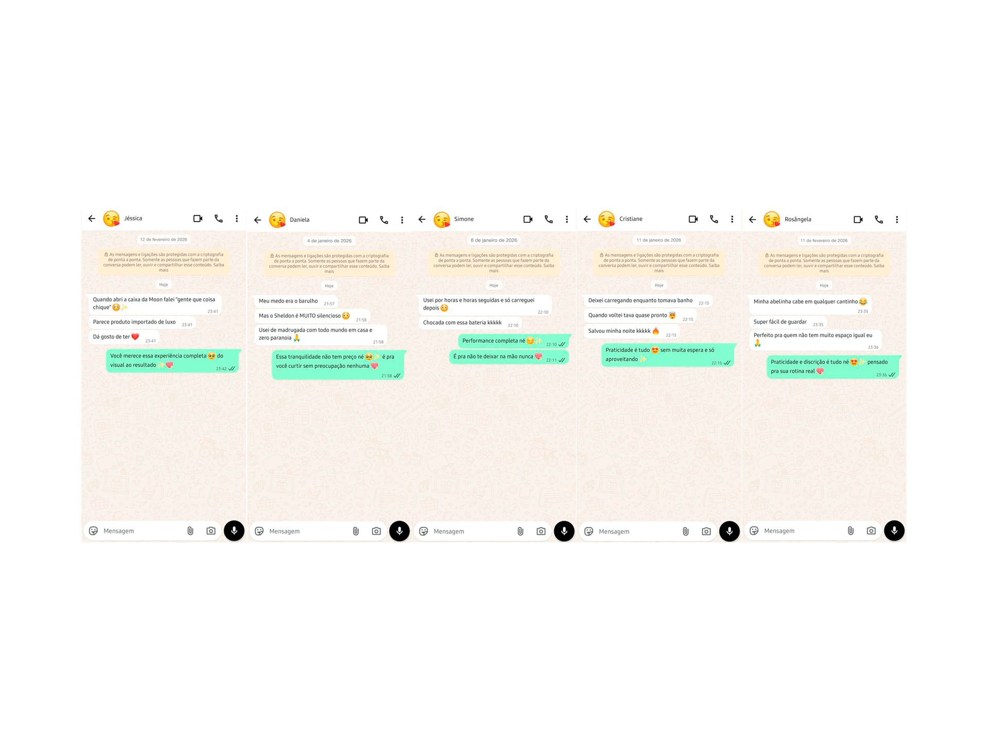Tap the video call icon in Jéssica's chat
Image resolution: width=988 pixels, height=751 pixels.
(198, 219)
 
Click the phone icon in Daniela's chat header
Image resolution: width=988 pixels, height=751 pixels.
(384, 220)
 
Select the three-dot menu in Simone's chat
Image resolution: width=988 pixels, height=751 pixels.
(567, 220)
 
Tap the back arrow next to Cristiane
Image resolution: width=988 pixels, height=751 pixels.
(587, 219)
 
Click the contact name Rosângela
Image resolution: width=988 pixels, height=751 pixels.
(798, 220)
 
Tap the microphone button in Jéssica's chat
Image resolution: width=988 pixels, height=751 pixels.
(234, 531)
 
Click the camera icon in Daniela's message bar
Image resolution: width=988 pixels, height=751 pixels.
(376, 531)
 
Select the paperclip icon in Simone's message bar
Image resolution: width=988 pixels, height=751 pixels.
(520, 531)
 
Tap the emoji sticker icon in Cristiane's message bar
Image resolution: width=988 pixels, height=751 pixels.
(589, 531)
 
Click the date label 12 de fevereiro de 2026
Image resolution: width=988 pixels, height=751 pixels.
(164, 240)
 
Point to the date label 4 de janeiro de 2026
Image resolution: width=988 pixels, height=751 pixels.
(329, 241)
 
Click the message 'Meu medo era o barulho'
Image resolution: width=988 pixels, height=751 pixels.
(288, 301)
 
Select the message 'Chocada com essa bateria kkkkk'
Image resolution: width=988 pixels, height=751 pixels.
(462, 323)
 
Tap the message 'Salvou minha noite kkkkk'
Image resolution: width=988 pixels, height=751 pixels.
(620, 331)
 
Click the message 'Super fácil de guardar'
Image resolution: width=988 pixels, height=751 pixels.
(780, 322)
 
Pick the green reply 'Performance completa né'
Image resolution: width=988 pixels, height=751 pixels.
(494, 341)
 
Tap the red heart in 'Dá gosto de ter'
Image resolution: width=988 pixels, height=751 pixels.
(135, 337)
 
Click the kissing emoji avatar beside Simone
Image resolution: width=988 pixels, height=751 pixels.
(442, 220)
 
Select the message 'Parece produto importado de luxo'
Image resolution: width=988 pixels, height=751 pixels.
(134, 323)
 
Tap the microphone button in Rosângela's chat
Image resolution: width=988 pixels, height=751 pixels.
(894, 531)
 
